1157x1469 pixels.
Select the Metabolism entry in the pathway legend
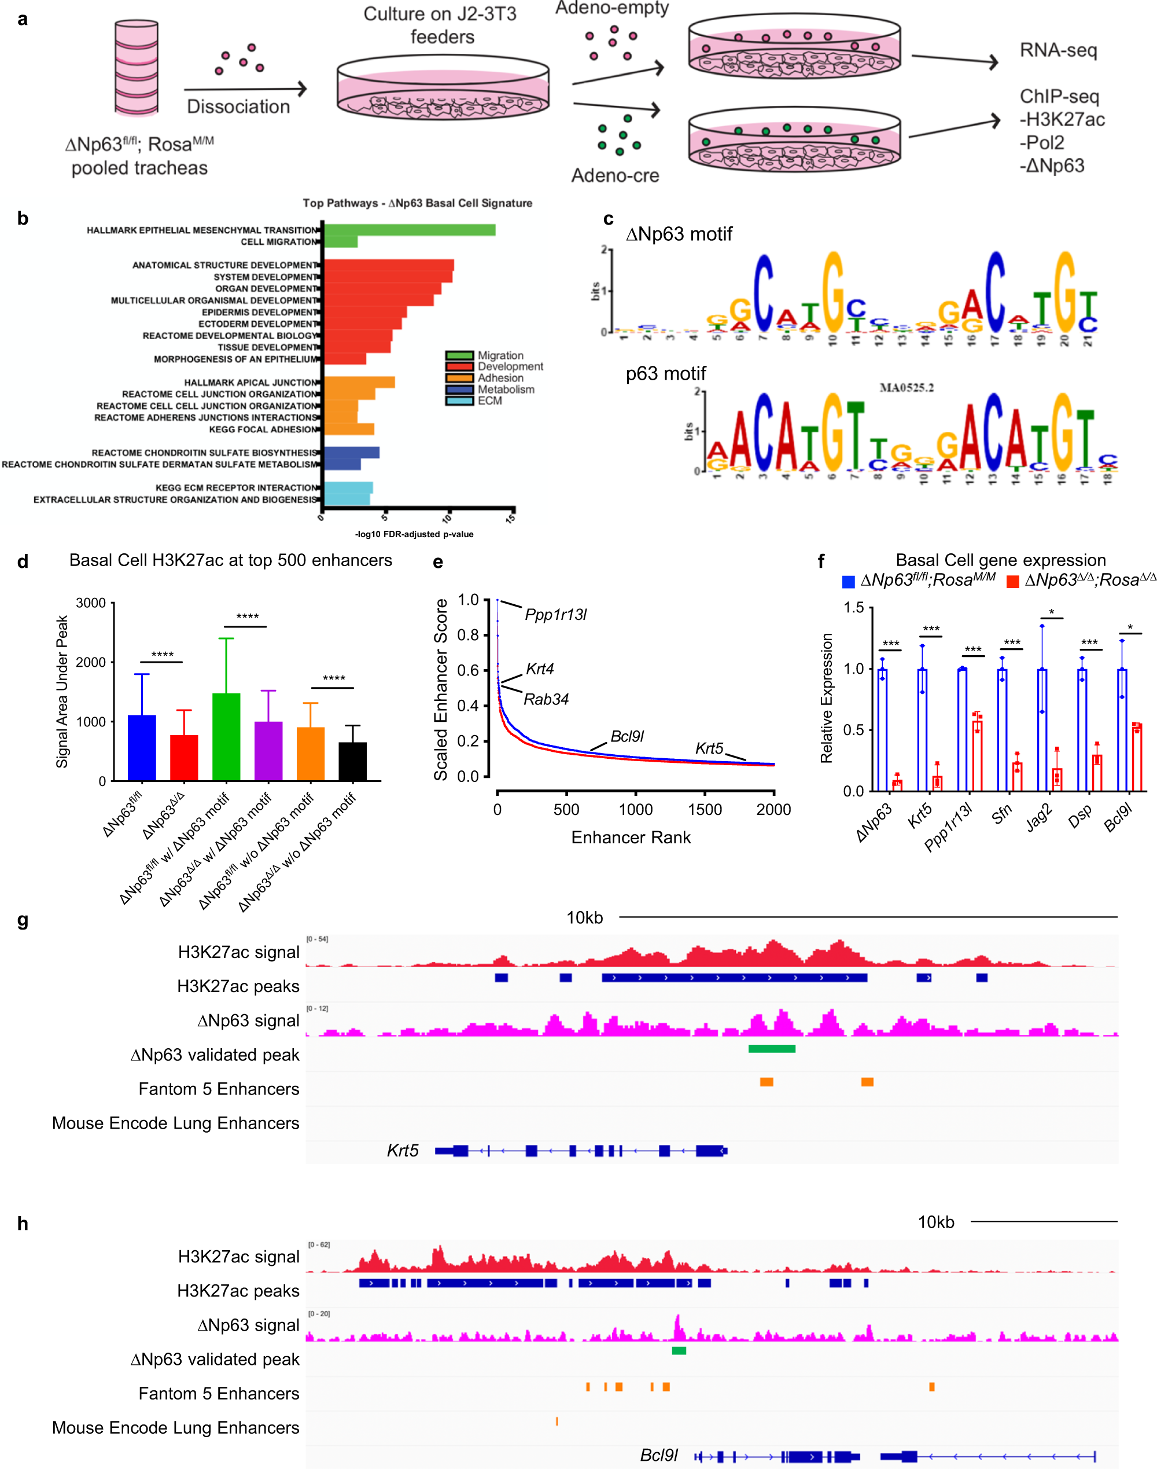click(506, 389)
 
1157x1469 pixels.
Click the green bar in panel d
click(226, 737)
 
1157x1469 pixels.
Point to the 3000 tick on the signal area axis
click(91, 603)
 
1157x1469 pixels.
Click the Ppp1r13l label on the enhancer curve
click(555, 615)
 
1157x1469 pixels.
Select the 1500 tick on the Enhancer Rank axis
click(705, 809)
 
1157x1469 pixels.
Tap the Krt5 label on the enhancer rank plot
click(709, 748)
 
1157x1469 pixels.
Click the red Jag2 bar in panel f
click(1057, 779)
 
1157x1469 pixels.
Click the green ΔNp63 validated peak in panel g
click(772, 1049)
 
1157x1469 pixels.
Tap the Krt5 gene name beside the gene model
click(403, 1150)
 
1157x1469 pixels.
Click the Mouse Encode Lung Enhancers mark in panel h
click(557, 1421)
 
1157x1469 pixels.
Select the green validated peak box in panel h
click(679, 1350)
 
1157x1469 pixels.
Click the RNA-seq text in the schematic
click(1058, 50)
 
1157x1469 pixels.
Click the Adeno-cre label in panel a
click(614, 175)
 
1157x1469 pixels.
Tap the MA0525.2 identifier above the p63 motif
click(907, 388)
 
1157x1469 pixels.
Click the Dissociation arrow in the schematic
click(245, 89)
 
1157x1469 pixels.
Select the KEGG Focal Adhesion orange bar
click(349, 429)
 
